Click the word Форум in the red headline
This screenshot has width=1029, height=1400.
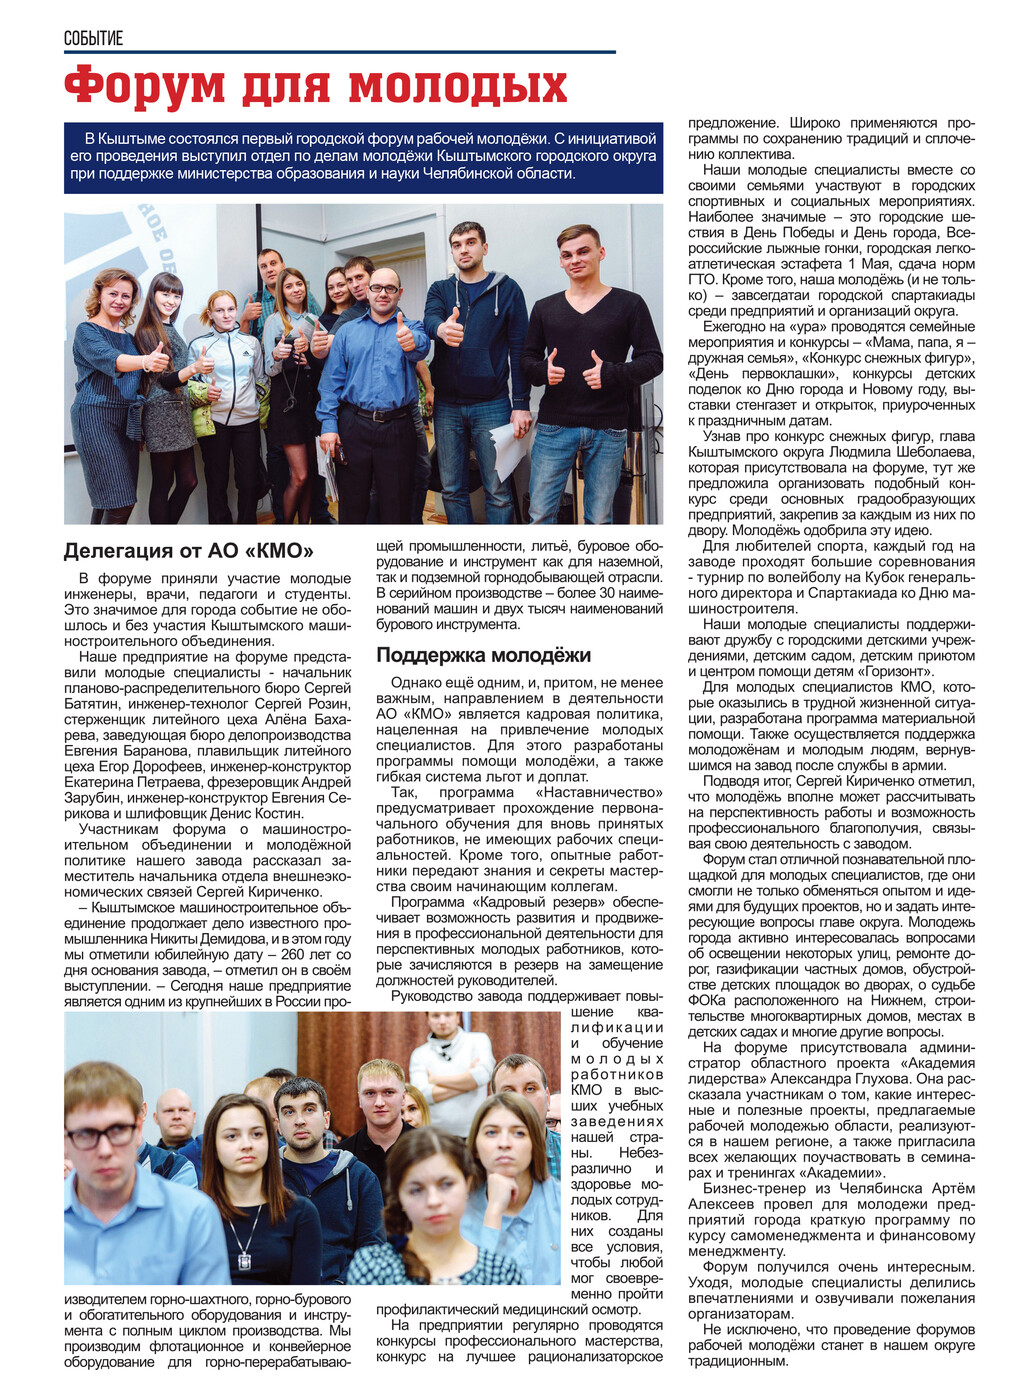146,86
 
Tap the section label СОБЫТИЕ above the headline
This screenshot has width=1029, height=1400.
93,38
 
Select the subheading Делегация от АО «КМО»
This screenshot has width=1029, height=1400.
189,551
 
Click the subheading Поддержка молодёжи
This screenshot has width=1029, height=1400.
483,655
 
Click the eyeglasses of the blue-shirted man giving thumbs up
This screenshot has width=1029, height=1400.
383,289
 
